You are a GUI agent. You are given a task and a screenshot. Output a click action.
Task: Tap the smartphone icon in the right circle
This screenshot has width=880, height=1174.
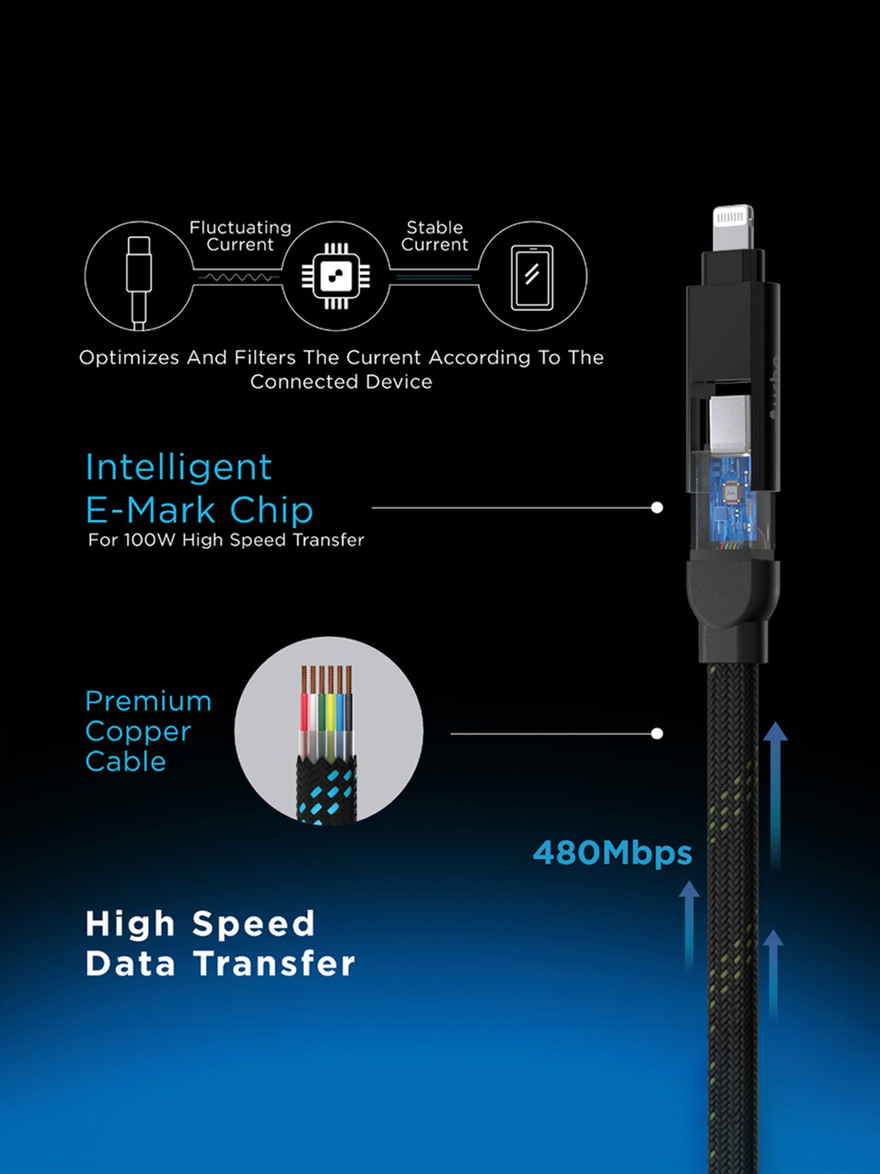532,277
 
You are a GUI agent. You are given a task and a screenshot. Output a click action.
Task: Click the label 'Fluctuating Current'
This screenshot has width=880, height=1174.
240,236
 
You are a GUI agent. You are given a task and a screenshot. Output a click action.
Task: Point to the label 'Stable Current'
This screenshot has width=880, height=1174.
435,236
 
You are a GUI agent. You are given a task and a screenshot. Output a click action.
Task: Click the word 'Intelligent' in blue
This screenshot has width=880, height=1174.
178,468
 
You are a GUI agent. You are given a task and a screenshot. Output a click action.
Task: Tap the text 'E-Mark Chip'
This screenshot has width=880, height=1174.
199,510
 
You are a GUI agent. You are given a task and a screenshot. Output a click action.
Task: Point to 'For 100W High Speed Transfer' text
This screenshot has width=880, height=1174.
226,540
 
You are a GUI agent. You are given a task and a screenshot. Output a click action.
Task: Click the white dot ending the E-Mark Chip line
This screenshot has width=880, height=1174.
657,508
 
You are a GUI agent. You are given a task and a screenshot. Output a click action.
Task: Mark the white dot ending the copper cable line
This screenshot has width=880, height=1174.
657,734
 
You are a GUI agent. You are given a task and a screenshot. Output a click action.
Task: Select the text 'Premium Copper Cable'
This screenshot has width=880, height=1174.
148,731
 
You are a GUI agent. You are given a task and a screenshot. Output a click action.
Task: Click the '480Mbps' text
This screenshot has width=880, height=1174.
612,853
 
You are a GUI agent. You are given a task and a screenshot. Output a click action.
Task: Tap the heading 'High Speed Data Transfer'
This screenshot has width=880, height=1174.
220,944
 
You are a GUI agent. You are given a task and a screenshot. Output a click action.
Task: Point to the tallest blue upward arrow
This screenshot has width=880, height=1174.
775,792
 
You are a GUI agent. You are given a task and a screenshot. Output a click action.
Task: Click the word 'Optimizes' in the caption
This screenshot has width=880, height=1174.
129,357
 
